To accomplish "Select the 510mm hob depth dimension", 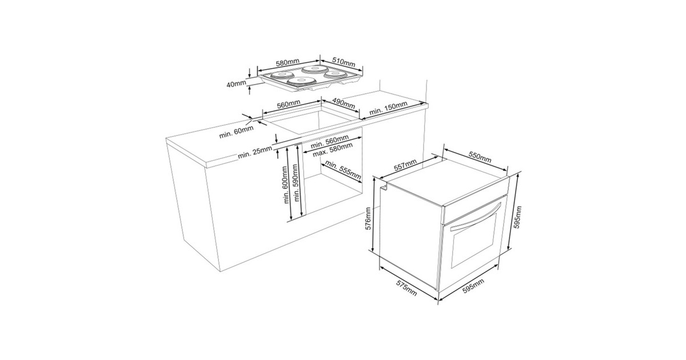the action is tap(344, 62).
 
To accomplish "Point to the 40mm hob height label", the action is tap(236, 83).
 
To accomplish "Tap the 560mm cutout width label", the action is tap(289, 105).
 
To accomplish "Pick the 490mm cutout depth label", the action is tap(344, 103).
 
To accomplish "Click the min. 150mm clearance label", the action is tap(388, 108).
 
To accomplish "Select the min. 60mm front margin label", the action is tap(236, 132).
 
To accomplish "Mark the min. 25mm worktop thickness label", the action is tap(255, 153).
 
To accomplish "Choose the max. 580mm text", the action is tap(333, 150).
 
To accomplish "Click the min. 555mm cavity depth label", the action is tap(343, 170).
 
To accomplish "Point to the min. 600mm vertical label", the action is tap(286, 185).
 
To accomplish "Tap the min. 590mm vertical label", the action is tap(296, 183).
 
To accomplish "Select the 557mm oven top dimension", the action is tap(405, 165).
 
